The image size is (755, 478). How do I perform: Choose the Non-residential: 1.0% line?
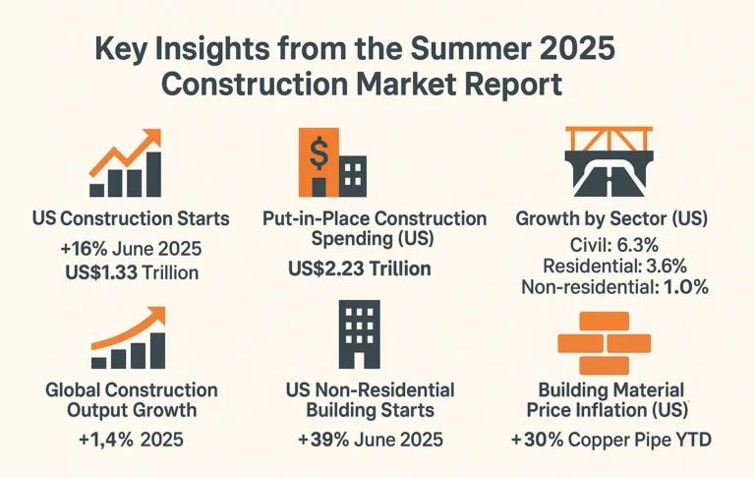coord(611,287)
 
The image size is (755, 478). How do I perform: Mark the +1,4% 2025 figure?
coord(129,439)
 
